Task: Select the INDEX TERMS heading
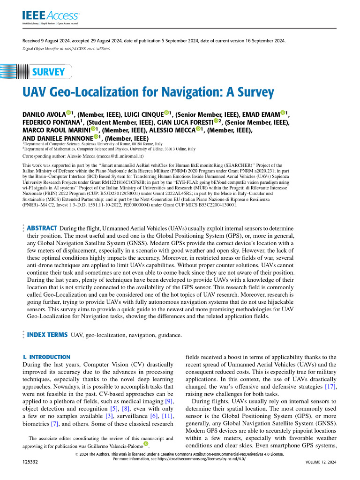point(47,335)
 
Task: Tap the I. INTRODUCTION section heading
point(46,357)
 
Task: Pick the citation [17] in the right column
point(330,386)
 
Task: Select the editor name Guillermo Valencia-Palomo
point(117,444)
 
